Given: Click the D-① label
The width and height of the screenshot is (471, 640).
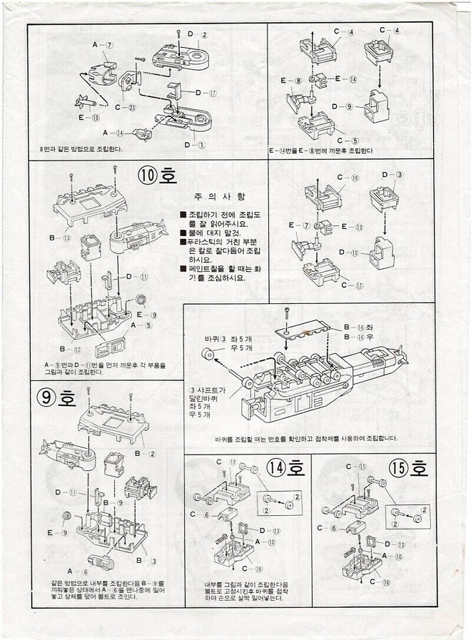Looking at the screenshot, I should point(193,144).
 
